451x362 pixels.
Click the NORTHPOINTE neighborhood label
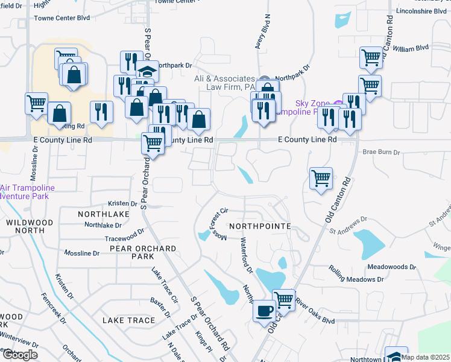[260, 226]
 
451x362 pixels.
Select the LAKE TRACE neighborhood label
[128, 320]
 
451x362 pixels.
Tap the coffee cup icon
[265, 311]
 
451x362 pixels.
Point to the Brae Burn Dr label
[381, 153]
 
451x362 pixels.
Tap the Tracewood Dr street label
[125, 234]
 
